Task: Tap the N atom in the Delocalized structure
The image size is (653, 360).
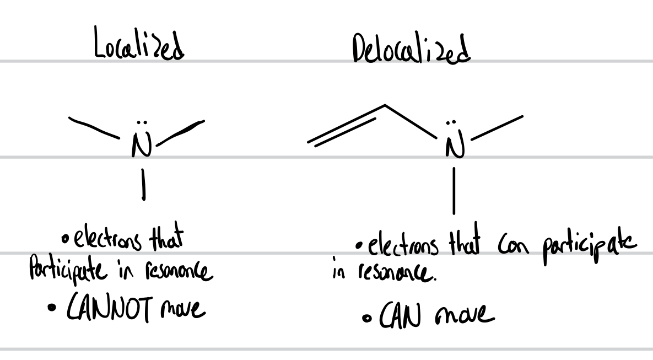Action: tap(454, 147)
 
